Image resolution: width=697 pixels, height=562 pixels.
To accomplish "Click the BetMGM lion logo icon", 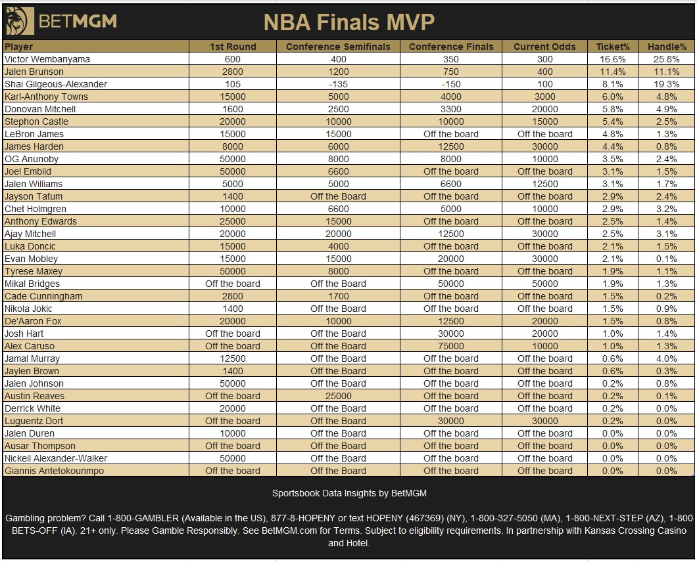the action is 20,21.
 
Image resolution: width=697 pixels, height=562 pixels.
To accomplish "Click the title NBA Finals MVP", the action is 349,22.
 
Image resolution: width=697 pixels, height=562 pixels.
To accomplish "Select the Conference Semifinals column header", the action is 338,47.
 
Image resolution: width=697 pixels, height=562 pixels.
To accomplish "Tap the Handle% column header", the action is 667,47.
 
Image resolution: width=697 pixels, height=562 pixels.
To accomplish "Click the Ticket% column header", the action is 613,47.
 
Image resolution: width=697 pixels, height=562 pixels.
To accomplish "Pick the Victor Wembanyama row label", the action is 47,59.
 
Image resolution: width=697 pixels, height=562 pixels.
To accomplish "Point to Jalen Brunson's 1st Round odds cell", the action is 233,72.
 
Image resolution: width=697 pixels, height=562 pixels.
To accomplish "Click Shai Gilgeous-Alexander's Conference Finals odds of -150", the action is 450,84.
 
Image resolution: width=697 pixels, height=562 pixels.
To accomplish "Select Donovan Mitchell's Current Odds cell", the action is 544,109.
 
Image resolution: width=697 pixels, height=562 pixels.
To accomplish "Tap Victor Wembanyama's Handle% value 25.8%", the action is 666,59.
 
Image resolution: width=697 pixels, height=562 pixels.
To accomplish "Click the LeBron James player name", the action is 34,134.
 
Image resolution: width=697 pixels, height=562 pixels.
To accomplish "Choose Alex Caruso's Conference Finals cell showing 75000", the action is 450,346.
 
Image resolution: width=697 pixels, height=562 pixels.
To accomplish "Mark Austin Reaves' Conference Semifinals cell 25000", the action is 338,395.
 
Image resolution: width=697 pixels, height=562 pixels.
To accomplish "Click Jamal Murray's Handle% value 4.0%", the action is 666,358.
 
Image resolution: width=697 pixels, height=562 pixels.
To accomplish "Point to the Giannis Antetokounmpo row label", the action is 54,471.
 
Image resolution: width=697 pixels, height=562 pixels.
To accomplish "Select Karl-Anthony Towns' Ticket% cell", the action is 613,97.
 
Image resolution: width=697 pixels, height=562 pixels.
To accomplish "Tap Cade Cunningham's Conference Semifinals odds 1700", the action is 338,296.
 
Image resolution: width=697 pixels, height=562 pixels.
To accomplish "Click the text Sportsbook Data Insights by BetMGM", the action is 349,493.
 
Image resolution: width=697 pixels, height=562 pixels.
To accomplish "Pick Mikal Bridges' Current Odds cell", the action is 544,284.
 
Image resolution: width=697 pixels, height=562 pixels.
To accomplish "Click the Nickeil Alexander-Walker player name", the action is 56,458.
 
